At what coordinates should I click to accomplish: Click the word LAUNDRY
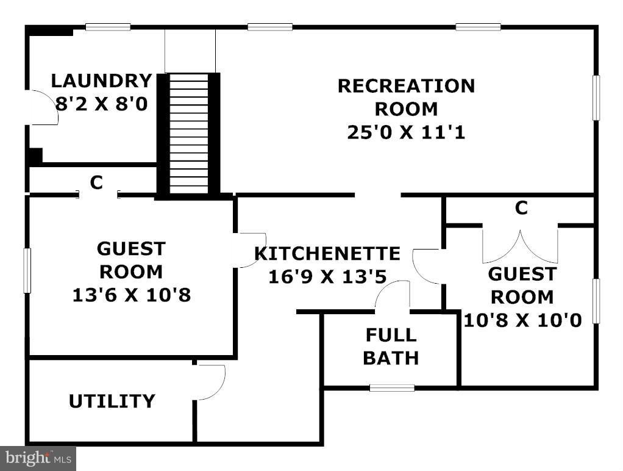(102, 81)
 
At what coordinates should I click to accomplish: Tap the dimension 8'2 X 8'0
(101, 104)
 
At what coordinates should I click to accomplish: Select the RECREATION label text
(406, 86)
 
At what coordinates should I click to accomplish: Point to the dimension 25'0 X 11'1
(406, 132)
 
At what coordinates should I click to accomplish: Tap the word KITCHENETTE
(327, 253)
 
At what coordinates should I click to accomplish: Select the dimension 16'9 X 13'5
(327, 276)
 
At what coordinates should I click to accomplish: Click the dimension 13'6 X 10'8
(132, 295)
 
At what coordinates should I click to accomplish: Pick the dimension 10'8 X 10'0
(522, 320)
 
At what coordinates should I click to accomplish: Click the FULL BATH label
(391, 347)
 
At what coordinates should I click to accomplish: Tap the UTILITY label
(112, 401)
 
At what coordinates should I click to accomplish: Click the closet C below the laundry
(96, 182)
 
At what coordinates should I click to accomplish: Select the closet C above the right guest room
(521, 207)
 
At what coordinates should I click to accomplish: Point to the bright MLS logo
(38, 458)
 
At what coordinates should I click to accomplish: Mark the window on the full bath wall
(392, 387)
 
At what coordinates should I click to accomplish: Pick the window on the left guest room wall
(27, 270)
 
